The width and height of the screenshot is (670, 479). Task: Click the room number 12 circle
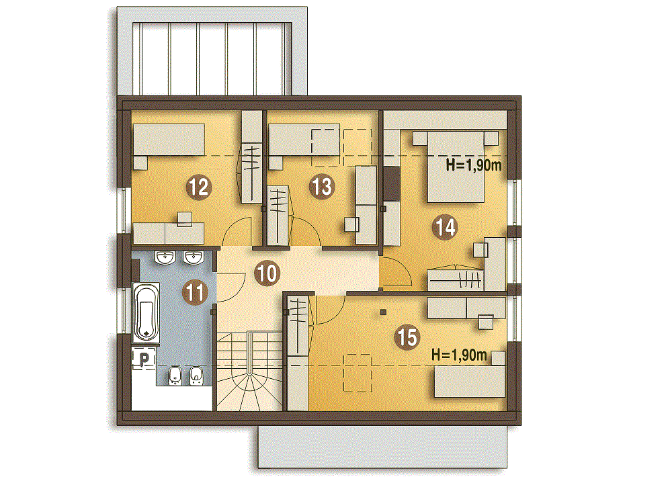[199, 187]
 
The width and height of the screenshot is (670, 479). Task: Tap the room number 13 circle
[321, 187]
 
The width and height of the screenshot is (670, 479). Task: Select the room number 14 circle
[445, 227]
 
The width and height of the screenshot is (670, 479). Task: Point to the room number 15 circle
[408, 337]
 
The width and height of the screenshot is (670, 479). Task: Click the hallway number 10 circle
[267, 273]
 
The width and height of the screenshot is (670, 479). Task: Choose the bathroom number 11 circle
[195, 293]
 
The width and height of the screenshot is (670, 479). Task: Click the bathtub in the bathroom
[146, 312]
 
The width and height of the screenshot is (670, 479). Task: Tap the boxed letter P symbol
[144, 359]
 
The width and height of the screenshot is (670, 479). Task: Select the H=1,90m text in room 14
[474, 165]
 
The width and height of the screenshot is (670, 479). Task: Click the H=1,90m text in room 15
[460, 355]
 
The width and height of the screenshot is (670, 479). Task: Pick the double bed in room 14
[456, 167]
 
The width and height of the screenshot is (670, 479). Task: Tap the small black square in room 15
[383, 312]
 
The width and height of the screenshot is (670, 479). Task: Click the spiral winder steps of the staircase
[249, 389]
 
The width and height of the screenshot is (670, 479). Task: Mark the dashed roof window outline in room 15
[358, 373]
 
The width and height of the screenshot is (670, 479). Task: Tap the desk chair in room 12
[185, 219]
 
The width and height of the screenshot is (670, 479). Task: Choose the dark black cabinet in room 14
[391, 183]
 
